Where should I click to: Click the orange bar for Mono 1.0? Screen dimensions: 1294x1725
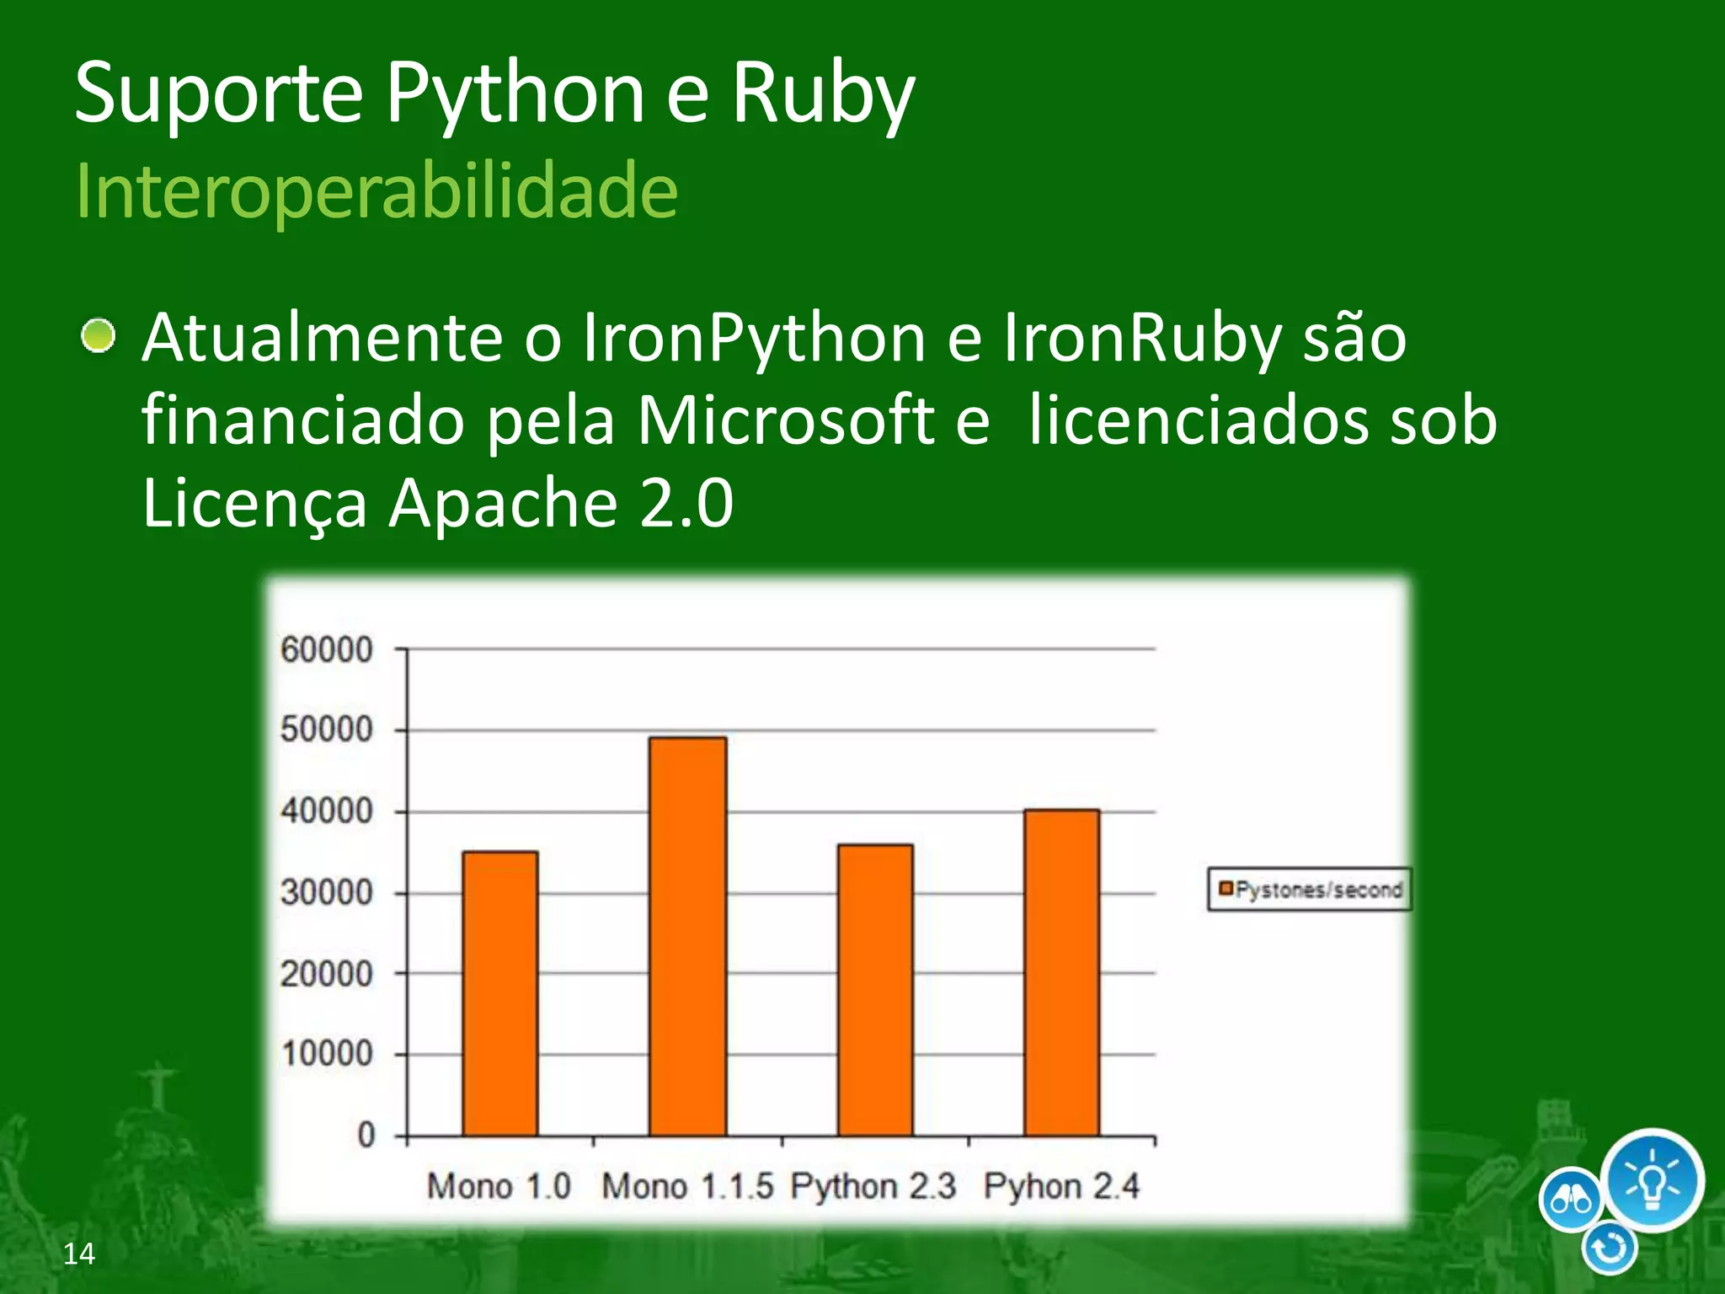(500, 994)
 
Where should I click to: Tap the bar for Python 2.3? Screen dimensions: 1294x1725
(875, 990)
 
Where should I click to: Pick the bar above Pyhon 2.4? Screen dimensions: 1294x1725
(1061, 973)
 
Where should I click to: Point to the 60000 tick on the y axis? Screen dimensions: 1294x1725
(327, 650)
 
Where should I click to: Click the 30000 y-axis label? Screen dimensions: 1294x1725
(327, 892)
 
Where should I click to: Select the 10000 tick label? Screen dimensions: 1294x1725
(327, 1054)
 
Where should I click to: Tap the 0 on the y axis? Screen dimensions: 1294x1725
(366, 1135)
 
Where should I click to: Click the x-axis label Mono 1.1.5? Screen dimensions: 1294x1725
(687, 1187)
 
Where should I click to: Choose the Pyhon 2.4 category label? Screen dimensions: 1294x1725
(1061, 1187)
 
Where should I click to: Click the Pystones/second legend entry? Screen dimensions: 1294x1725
(1311, 890)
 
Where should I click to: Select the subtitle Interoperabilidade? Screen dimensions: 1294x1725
(377, 191)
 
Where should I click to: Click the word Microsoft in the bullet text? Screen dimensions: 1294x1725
(785, 420)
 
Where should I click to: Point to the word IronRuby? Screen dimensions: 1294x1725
(1142, 339)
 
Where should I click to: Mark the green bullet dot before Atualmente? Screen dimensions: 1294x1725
(99, 337)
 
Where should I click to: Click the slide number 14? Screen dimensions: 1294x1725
(79, 1254)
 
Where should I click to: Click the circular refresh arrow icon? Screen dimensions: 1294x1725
(1610, 1249)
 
